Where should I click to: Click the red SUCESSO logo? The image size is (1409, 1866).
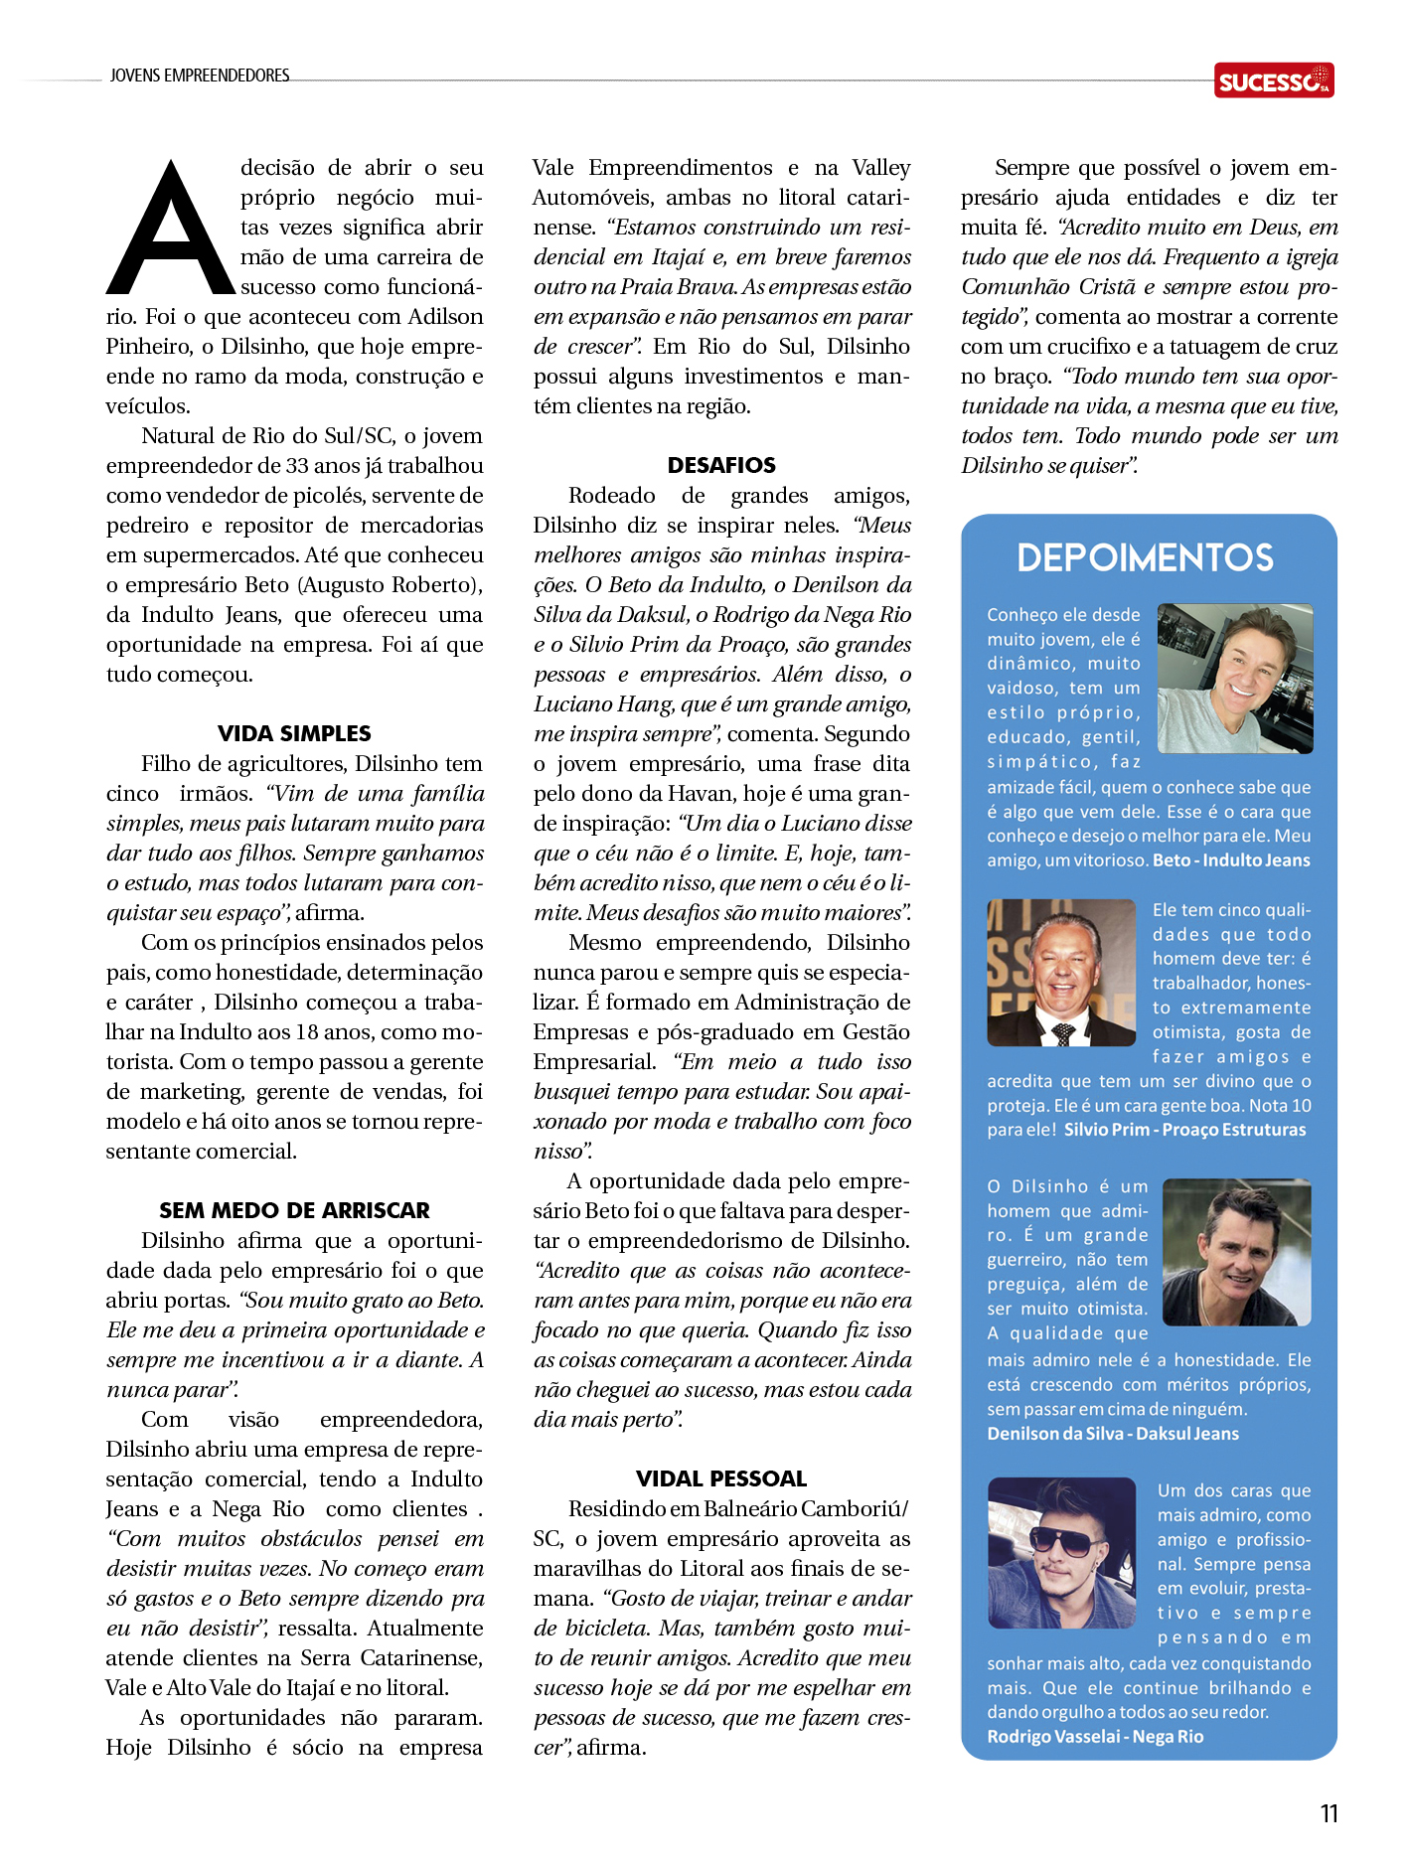1273,80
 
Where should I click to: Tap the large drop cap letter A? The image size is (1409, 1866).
171,231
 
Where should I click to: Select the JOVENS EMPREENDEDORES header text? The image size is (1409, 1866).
200,76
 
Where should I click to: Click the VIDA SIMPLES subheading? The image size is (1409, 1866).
294,733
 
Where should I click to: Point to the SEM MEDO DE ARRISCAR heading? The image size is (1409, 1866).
294,1210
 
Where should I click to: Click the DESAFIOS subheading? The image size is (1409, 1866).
721,465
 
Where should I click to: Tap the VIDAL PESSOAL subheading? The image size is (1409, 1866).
721,1478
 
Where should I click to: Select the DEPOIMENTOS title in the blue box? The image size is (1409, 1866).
1145,558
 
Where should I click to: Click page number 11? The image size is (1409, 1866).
1329,1814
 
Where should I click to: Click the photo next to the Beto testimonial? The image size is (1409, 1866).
1235,679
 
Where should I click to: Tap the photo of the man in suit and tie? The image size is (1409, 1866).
1061,973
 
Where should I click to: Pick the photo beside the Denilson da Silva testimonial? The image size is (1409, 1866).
1236,1252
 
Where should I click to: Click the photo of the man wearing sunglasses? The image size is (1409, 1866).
1061,1552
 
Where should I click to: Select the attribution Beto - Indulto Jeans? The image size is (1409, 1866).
1231,860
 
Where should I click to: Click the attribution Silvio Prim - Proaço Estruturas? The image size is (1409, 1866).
1184,1130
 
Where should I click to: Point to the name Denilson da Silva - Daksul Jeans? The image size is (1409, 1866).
1113,1434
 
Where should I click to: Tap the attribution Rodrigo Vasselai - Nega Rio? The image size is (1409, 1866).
1095,1737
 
